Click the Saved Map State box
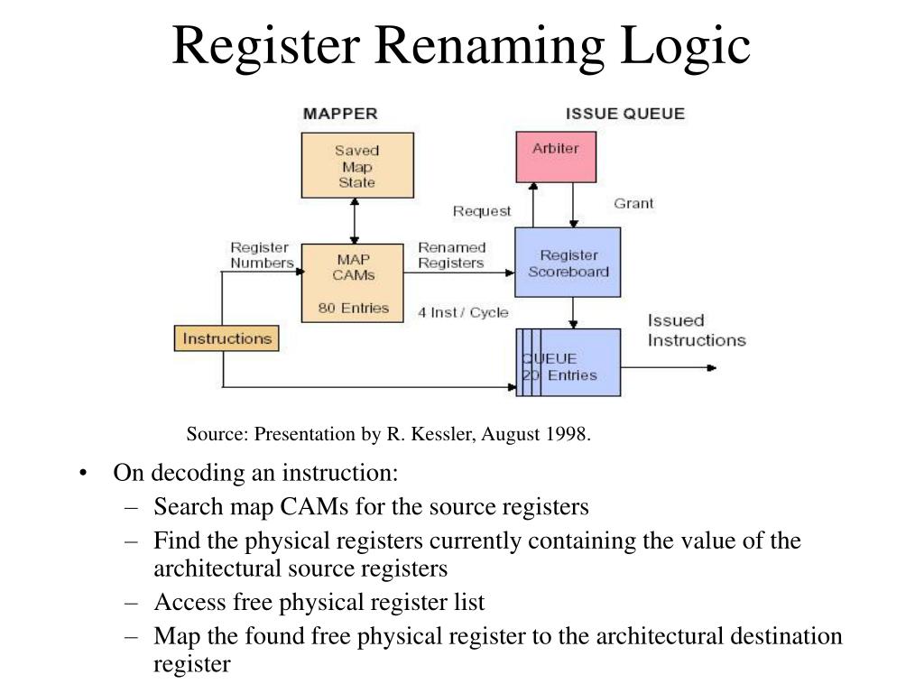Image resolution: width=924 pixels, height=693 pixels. [357, 165]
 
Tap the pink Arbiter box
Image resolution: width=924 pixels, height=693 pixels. [555, 156]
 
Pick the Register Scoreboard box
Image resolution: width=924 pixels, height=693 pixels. [568, 263]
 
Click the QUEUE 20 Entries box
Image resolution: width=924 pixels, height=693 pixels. [568, 362]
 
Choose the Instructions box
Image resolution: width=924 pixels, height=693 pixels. [226, 339]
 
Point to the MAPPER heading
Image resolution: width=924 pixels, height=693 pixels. [340, 114]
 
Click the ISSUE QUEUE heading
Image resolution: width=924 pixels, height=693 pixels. [624, 114]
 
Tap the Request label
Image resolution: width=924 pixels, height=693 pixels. [482, 211]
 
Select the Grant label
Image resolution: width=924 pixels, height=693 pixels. [633, 203]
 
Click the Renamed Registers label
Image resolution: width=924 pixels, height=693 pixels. [451, 255]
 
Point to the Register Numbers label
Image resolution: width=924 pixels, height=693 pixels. [262, 255]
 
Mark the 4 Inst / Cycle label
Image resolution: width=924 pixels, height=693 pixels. [463, 312]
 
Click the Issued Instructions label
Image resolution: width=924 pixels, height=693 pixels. [697, 330]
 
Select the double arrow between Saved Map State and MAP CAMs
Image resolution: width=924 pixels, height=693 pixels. [355, 220]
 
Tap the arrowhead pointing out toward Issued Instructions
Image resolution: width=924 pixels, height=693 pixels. [712, 367]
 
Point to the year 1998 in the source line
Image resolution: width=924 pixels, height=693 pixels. [566, 434]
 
